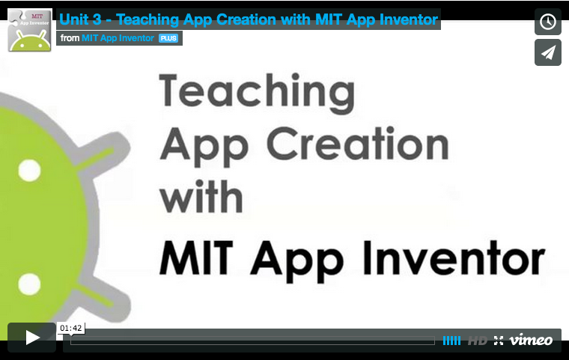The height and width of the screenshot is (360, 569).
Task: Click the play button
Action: click(32, 338)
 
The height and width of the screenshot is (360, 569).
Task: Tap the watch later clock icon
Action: click(547, 22)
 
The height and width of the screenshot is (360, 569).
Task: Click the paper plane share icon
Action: click(547, 52)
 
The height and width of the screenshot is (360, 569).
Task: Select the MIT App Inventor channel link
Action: click(118, 38)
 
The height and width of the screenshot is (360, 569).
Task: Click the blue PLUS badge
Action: click(168, 38)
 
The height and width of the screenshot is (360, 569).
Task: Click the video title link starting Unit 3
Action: click(249, 19)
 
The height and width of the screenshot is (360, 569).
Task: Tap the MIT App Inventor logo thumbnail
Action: click(30, 30)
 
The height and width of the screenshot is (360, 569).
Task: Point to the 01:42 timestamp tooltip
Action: click(71, 328)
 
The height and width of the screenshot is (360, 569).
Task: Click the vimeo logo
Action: click(531, 340)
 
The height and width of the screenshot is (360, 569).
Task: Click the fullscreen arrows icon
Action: click(499, 341)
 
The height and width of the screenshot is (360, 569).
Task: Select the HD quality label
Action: click(477, 341)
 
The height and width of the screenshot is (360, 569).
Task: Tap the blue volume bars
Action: click(451, 341)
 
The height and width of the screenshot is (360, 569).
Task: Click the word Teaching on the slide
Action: click(257, 93)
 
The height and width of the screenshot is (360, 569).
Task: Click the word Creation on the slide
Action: click(358, 144)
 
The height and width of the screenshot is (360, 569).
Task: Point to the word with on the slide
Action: click(201, 196)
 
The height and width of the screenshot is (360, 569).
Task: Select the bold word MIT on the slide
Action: click(196, 257)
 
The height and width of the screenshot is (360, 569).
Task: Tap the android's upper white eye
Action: click(29, 170)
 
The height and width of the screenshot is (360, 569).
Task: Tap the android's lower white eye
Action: click(29, 284)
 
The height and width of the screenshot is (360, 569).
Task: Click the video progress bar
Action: click(252, 341)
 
